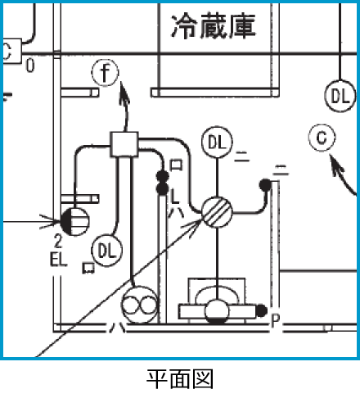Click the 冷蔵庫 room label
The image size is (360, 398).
pos(213,26)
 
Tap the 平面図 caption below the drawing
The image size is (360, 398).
pos(180,379)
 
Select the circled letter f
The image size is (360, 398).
pos(105,73)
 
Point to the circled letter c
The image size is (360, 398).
pos(322,138)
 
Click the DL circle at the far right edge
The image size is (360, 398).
pos(340,95)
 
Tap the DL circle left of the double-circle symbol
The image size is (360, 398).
pos(106,248)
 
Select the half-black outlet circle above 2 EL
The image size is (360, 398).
pos(73,219)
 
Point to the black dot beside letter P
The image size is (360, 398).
pos(261,311)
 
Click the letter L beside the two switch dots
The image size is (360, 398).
pos(174,195)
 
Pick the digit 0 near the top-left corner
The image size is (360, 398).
pos(29,66)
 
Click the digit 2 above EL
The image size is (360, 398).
pos(58,242)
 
